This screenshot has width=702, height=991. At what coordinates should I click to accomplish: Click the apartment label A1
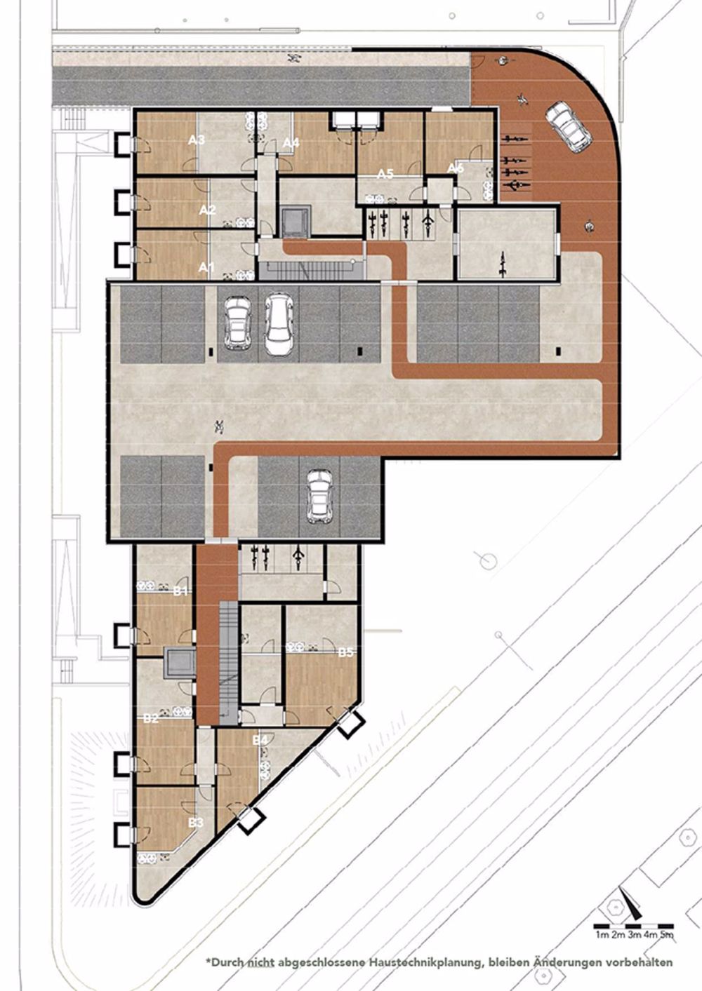pyautogui.click(x=206, y=267)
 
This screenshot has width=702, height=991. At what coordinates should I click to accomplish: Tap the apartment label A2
pyautogui.click(x=207, y=210)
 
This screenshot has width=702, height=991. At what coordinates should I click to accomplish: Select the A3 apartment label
pyautogui.click(x=197, y=140)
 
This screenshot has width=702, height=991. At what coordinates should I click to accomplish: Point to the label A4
pyautogui.click(x=291, y=143)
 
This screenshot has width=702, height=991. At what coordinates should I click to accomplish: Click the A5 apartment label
pyautogui.click(x=385, y=173)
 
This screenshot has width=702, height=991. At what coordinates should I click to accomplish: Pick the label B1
pyautogui.click(x=181, y=591)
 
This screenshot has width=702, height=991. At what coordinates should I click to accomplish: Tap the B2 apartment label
pyautogui.click(x=150, y=719)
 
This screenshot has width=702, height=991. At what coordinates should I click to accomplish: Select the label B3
pyautogui.click(x=196, y=821)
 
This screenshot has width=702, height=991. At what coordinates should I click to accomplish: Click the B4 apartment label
pyautogui.click(x=260, y=740)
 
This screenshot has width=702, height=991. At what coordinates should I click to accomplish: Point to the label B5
pyautogui.click(x=346, y=653)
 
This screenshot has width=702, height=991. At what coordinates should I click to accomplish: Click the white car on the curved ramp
pyautogui.click(x=570, y=126)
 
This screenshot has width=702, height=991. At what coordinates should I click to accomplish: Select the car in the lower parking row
pyautogui.click(x=319, y=496)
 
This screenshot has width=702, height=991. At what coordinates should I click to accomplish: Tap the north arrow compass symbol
pyautogui.click(x=629, y=905)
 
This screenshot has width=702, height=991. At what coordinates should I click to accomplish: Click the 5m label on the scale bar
pyautogui.click(x=667, y=935)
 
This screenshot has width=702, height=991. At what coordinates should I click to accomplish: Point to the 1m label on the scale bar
pyautogui.click(x=602, y=935)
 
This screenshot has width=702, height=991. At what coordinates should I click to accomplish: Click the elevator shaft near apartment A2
pyautogui.click(x=294, y=222)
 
